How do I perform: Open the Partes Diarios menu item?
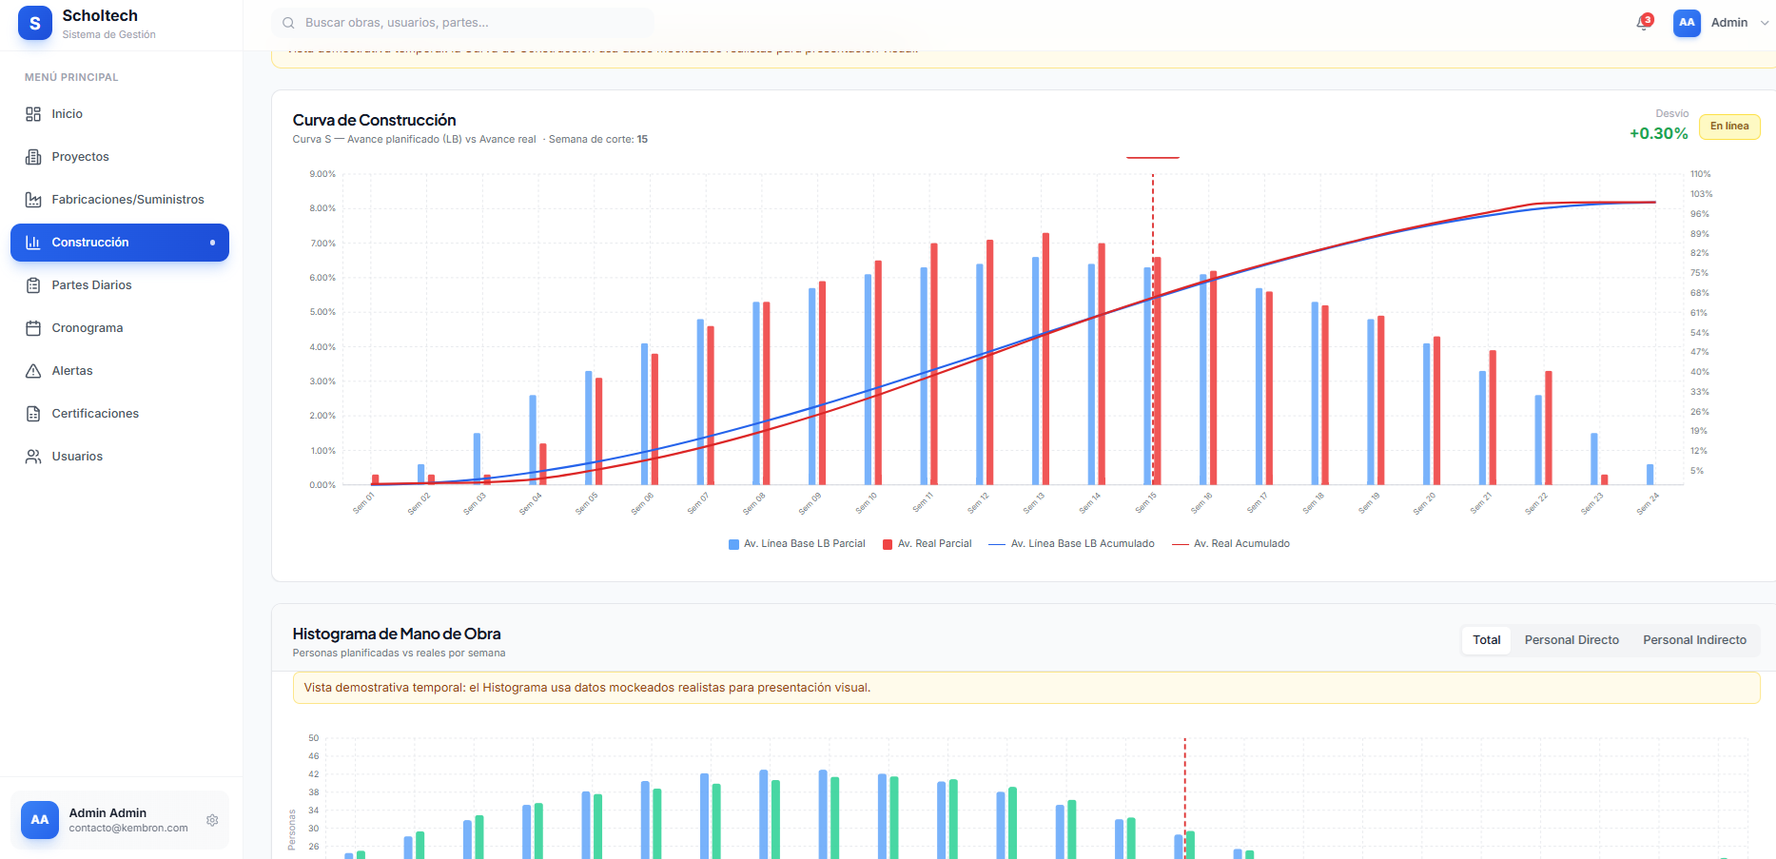point(91,285)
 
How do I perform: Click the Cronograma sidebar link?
point(87,328)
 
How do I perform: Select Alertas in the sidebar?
point(72,371)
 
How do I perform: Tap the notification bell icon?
point(1643,23)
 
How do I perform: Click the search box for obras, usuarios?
point(463,23)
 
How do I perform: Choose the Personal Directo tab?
point(1571,640)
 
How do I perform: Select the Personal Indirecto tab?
point(1694,640)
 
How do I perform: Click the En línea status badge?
point(1729,127)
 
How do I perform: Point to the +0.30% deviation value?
point(1658,134)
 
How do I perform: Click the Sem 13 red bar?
point(1045,360)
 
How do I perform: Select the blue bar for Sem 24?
point(1649,474)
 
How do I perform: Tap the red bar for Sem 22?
point(1549,428)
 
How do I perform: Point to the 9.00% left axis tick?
point(322,174)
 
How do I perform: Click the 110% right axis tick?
point(1700,174)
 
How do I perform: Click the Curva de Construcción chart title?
point(374,120)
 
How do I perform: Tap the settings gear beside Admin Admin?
point(212,820)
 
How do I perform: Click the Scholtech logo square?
point(35,24)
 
